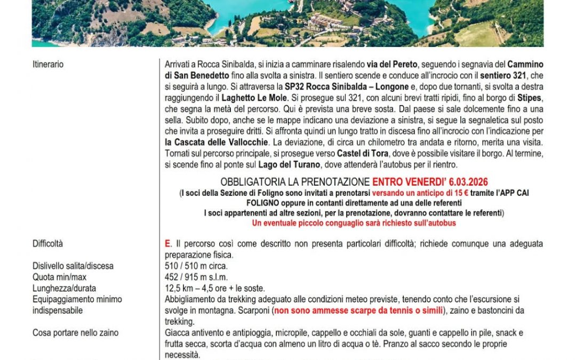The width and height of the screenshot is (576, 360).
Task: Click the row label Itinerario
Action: click(48, 65)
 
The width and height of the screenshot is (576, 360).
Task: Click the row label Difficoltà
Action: click(47, 244)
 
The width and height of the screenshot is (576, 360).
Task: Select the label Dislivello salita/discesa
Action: click(73, 266)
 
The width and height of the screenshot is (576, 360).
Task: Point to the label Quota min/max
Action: click(59, 277)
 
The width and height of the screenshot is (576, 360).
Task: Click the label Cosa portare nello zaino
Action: click(75, 333)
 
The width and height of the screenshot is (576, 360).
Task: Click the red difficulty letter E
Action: click(167, 244)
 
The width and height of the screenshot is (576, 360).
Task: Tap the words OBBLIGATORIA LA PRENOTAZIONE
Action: click(295, 182)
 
